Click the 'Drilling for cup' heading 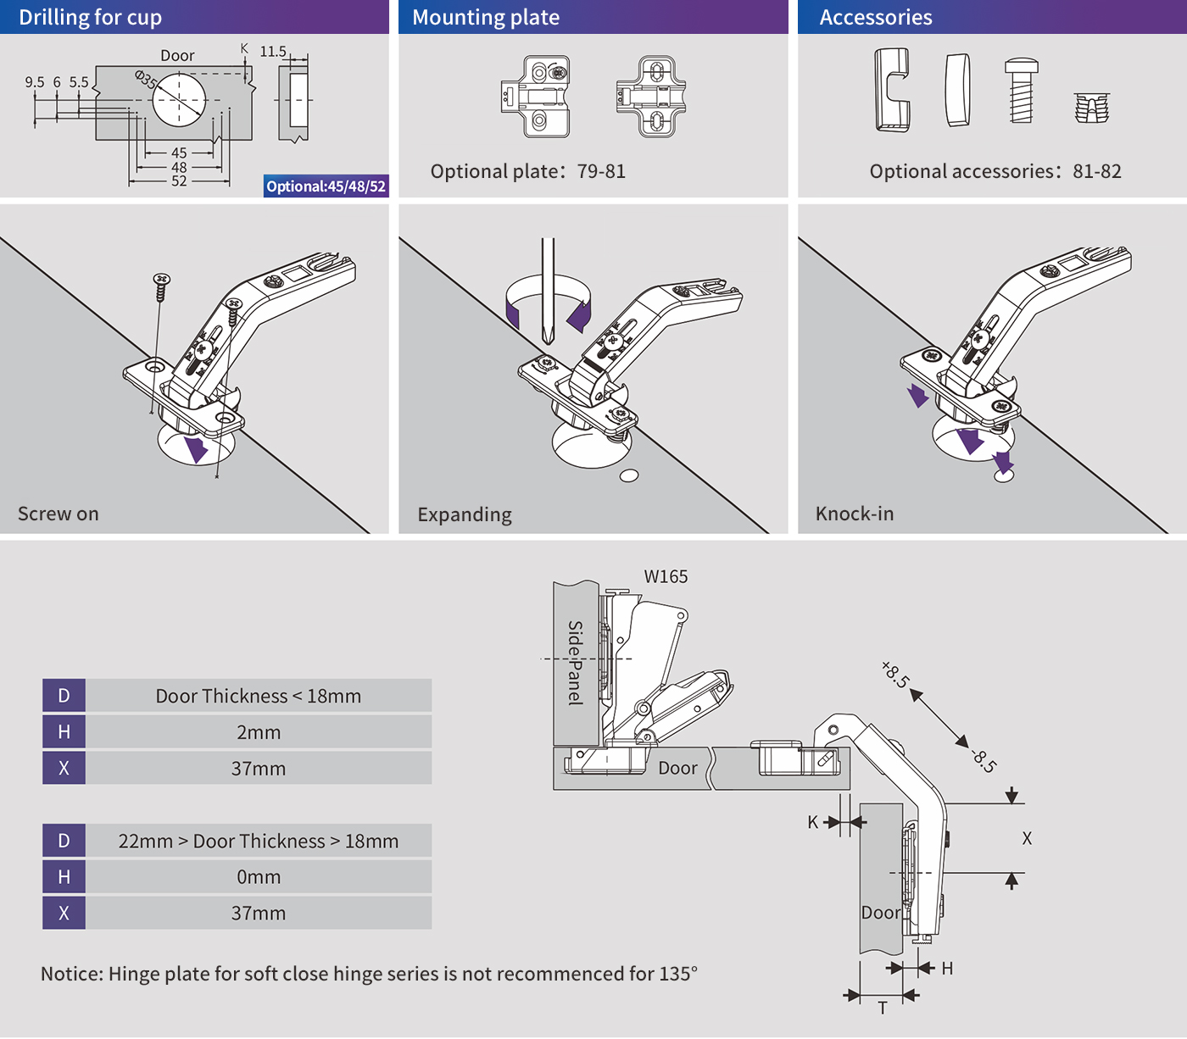(x=90, y=17)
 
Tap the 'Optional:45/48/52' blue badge (x=326, y=186)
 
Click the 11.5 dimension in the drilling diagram (x=273, y=52)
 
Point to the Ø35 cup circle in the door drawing (x=179, y=99)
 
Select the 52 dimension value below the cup (x=179, y=181)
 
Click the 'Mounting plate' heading (x=486, y=17)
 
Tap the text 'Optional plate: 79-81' (x=528, y=171)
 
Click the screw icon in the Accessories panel (x=1021, y=91)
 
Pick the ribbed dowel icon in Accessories (x=1092, y=108)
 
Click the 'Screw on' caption (x=59, y=514)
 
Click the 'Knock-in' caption (x=855, y=514)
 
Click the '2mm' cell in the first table (x=259, y=732)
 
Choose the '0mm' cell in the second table (x=259, y=877)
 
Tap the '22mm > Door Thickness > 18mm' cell (x=259, y=841)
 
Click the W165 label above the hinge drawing (x=666, y=576)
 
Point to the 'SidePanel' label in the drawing (x=576, y=663)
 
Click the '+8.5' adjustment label (x=895, y=675)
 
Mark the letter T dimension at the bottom (x=883, y=1008)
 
